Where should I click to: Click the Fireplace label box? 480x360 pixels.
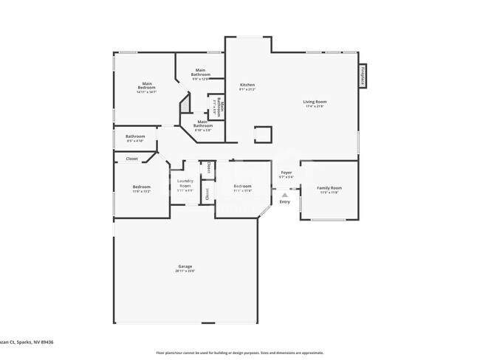(363, 77)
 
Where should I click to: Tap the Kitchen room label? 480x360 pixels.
(247, 85)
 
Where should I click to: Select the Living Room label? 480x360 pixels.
(315, 102)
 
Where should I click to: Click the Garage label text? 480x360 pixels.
(185, 266)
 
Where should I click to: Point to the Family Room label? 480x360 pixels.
(329, 187)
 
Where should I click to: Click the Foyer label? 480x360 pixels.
(286, 173)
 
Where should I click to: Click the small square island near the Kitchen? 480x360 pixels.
(262, 134)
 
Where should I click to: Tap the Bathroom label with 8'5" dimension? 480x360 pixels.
(135, 136)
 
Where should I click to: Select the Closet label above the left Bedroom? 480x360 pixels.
(131, 159)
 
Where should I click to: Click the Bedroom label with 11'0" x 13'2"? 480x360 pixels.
(141, 187)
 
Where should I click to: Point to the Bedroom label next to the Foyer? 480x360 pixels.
(242, 186)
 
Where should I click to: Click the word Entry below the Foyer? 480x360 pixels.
(285, 201)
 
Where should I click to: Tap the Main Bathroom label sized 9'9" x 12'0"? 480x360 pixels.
(201, 72)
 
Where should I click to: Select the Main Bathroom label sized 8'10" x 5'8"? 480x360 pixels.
(203, 125)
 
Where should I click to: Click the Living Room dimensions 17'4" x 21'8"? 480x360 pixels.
(315, 107)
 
